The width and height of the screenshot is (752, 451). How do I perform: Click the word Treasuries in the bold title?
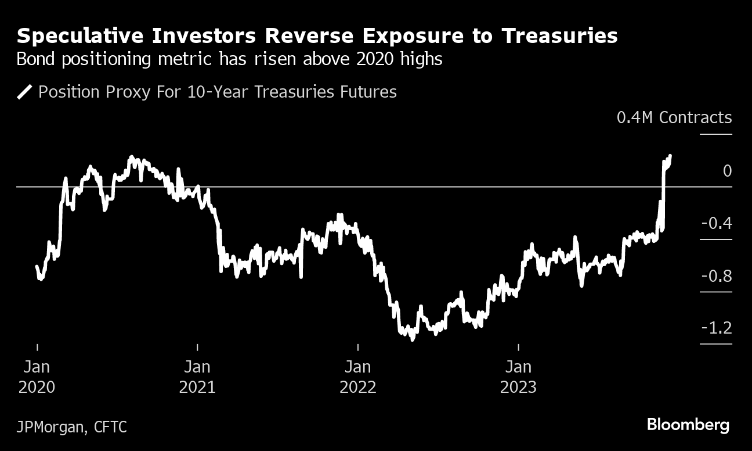[x=559, y=36]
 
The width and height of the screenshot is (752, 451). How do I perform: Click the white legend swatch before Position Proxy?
[x=25, y=92]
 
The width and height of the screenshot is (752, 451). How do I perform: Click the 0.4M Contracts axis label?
[x=674, y=117]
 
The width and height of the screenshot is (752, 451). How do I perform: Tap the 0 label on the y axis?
[x=727, y=171]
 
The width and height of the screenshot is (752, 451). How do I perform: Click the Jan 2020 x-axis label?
[x=37, y=377]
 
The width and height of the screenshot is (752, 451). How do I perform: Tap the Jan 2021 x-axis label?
[x=197, y=377]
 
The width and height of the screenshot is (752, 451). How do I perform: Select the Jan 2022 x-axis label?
[x=358, y=377]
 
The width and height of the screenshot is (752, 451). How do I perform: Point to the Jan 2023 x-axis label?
[x=518, y=377]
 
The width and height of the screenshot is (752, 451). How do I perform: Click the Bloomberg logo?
[x=688, y=425]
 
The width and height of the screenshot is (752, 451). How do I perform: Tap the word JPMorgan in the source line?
[x=49, y=428]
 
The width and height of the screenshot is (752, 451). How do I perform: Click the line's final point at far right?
[x=670, y=156]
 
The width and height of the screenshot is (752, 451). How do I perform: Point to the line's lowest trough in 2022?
[x=412, y=339]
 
